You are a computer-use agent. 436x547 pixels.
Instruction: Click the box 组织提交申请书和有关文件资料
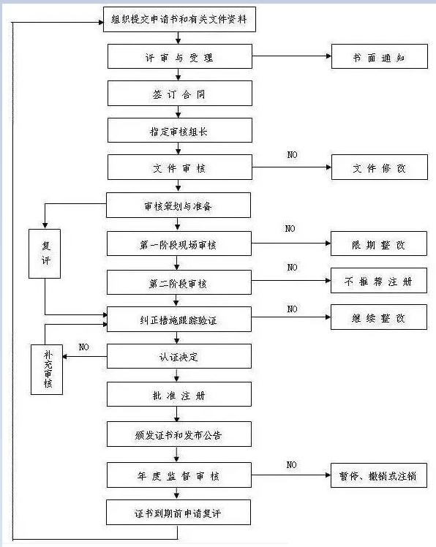click(x=179, y=20)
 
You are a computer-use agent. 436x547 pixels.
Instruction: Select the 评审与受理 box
click(x=180, y=56)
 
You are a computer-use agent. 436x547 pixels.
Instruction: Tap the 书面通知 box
click(x=380, y=56)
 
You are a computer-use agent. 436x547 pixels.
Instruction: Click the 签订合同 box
click(x=180, y=94)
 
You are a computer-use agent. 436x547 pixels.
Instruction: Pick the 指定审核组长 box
click(x=180, y=130)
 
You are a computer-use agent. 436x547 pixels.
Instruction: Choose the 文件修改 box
click(x=380, y=167)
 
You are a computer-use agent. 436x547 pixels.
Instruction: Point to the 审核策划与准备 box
click(x=178, y=205)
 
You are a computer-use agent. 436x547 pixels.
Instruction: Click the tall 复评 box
click(x=45, y=254)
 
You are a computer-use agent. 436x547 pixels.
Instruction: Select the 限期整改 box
click(x=379, y=244)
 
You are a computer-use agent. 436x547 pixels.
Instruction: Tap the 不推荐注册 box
click(x=379, y=281)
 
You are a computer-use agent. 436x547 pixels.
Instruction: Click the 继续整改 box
click(x=379, y=317)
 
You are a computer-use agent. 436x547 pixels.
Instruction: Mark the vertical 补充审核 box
click(x=47, y=370)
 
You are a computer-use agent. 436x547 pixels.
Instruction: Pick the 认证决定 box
click(x=179, y=356)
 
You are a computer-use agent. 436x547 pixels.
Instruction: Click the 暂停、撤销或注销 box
click(x=379, y=475)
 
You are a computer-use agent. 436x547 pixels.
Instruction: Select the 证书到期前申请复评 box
click(x=178, y=513)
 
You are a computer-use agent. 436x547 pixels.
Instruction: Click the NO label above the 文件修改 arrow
click(x=292, y=154)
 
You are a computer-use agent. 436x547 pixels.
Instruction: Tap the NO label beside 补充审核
click(x=84, y=347)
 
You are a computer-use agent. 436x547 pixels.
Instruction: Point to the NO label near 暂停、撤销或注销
click(x=291, y=464)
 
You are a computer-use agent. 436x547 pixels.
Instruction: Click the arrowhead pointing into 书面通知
click(x=328, y=56)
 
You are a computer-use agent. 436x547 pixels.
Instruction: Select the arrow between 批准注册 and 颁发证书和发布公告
click(x=176, y=414)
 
